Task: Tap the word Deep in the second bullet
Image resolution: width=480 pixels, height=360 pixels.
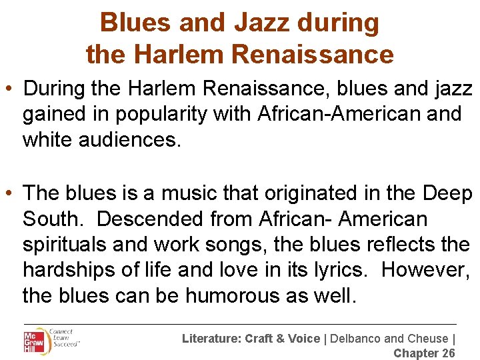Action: [x=447, y=193]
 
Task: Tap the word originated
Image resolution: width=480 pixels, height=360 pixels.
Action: [x=313, y=193]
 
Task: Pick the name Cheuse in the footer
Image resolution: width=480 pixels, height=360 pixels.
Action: [x=426, y=339]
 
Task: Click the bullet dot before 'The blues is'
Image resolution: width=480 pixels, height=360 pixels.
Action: [x=10, y=193]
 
